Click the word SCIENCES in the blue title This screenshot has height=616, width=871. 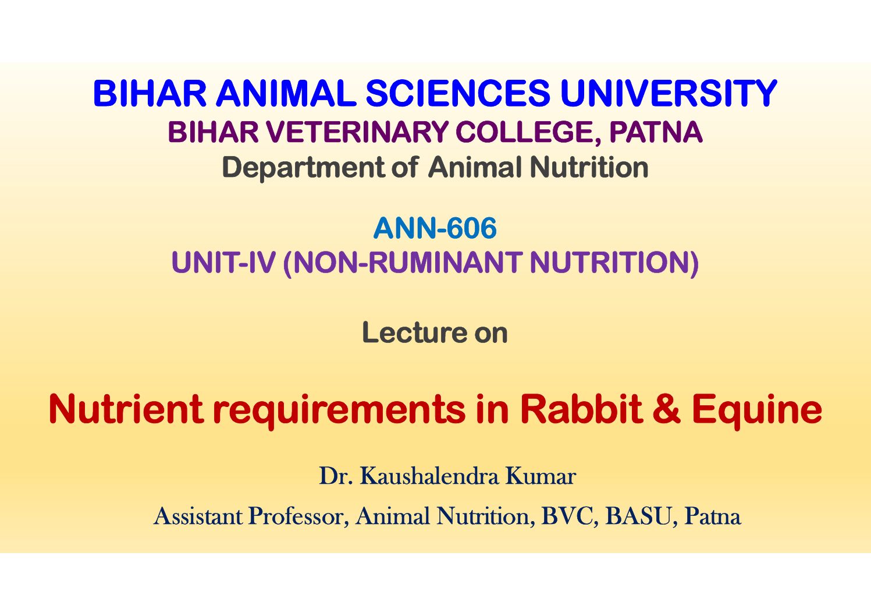click(x=458, y=93)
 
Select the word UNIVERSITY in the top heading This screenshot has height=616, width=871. click(x=669, y=93)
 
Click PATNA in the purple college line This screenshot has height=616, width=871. click(x=656, y=132)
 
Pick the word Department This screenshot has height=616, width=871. click(x=304, y=168)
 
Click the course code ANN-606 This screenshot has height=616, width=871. click(x=435, y=228)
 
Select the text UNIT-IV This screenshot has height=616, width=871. click(x=223, y=262)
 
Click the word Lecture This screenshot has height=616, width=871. click(x=414, y=332)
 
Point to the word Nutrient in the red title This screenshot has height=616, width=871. click(x=126, y=409)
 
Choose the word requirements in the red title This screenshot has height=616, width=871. click(x=339, y=412)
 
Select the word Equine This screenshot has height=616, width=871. click(x=757, y=412)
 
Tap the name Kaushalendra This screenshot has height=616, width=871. click(x=429, y=476)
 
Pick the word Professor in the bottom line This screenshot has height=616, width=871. click(x=296, y=516)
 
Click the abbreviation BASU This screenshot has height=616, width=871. click(x=638, y=516)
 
